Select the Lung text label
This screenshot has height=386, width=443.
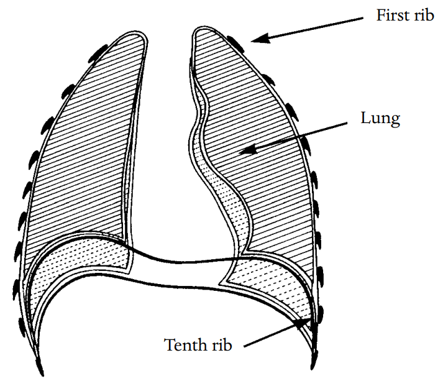click(380, 118)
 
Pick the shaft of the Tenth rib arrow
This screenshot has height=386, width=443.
click(273, 334)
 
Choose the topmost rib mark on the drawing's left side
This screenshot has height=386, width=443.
click(99, 50)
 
